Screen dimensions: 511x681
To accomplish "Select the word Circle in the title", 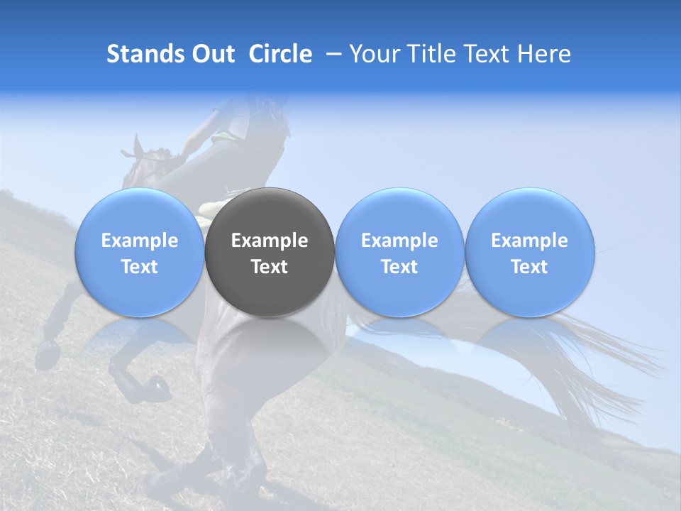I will pos(280,54).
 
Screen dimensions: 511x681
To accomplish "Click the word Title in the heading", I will pos(429,54).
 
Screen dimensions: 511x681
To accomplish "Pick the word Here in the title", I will pos(544,54).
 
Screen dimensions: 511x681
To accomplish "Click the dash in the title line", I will pos(331,54).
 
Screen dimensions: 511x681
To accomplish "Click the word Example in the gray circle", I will pos(270,241).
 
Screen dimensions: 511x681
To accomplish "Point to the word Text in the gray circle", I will pos(270,267).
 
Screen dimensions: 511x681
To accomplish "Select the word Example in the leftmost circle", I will pos(139,241).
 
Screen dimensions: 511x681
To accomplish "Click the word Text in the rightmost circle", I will pos(529,267).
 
